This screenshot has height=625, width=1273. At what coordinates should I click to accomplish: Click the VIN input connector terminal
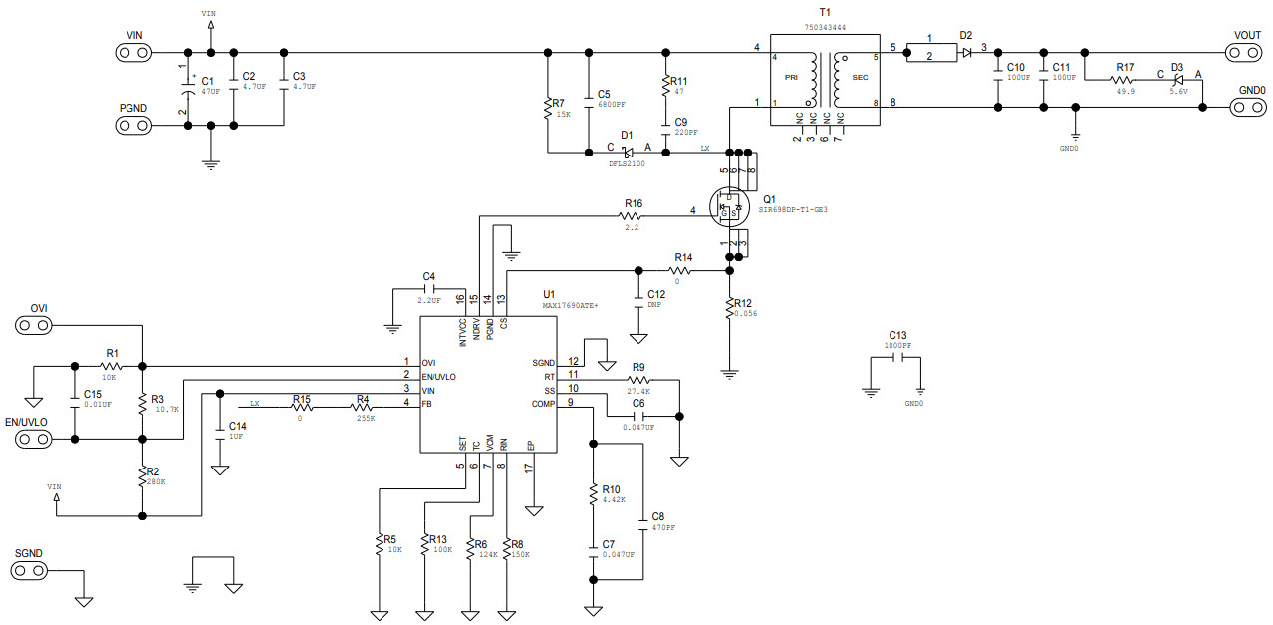pyautogui.click(x=134, y=53)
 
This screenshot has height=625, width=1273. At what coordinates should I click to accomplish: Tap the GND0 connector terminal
pyautogui.click(x=1248, y=107)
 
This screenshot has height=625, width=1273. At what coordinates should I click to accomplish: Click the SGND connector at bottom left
pyautogui.click(x=29, y=570)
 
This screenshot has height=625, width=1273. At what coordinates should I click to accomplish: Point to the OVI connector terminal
pyautogui.click(x=34, y=325)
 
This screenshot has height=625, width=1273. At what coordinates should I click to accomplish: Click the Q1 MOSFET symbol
pyautogui.click(x=730, y=207)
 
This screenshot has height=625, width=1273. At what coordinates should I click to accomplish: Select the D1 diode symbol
pyautogui.click(x=628, y=153)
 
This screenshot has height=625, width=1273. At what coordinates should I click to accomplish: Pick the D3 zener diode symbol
pyautogui.click(x=1179, y=80)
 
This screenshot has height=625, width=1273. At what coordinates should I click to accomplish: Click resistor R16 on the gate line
pyautogui.click(x=630, y=216)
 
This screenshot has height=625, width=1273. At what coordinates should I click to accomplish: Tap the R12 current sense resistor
pyautogui.click(x=730, y=308)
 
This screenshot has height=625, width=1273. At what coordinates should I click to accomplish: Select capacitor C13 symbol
pyautogui.click(x=897, y=357)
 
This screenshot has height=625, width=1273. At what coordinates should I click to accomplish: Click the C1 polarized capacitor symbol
pyautogui.click(x=188, y=88)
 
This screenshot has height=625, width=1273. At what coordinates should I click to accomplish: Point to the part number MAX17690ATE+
pyautogui.click(x=570, y=306)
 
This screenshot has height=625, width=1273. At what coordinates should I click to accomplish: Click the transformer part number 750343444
pyautogui.click(x=825, y=27)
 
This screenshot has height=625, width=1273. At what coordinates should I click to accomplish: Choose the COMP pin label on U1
pyautogui.click(x=543, y=404)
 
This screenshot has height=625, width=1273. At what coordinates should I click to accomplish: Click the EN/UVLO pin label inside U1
pyautogui.click(x=438, y=377)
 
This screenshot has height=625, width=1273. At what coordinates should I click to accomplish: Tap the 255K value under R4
pyautogui.click(x=366, y=418)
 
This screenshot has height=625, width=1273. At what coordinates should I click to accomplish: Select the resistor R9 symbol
pyautogui.click(x=638, y=380)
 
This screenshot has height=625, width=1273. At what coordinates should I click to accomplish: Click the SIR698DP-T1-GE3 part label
pyautogui.click(x=793, y=210)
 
